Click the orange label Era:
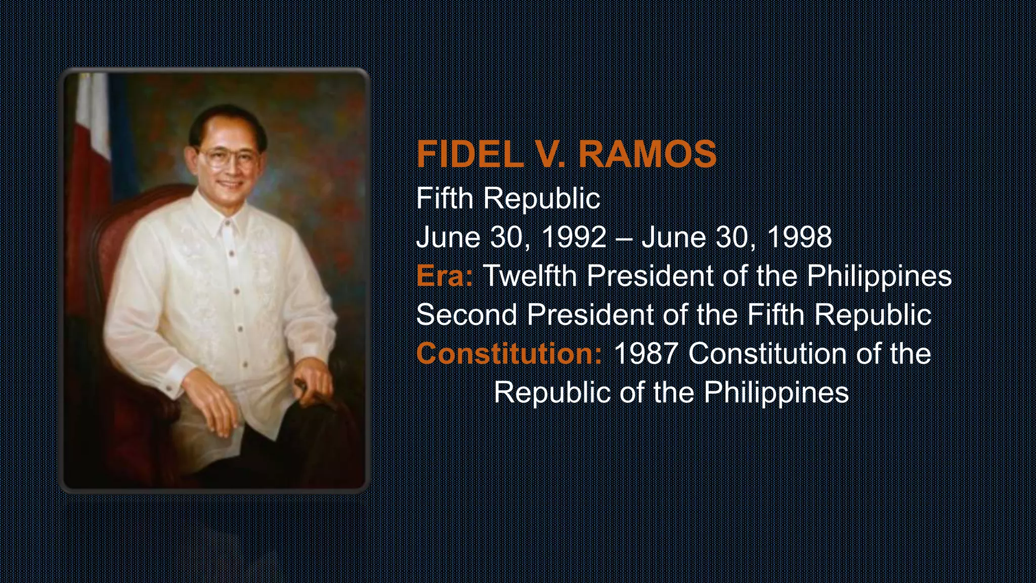pyautogui.click(x=444, y=276)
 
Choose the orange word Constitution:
pyautogui.click(x=509, y=353)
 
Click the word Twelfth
pyautogui.click(x=530, y=276)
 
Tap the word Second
pyautogui.click(x=466, y=314)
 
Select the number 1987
pyautogui.click(x=645, y=353)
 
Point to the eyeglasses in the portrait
pyautogui.click(x=227, y=158)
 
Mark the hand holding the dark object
pyautogui.click(x=313, y=382)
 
